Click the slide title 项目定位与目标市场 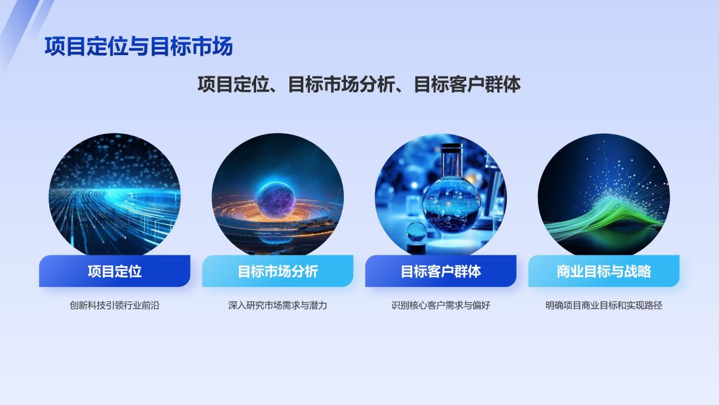(138, 47)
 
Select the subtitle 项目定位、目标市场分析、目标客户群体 (359, 84)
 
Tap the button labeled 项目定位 (115, 271)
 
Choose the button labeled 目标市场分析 (277, 271)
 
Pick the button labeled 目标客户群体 (440, 271)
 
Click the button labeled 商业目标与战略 (603, 271)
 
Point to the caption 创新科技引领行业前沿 (115, 306)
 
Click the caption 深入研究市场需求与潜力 (277, 306)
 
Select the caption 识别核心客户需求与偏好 (440, 306)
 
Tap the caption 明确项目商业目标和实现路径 (603, 306)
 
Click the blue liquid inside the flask (451, 211)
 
